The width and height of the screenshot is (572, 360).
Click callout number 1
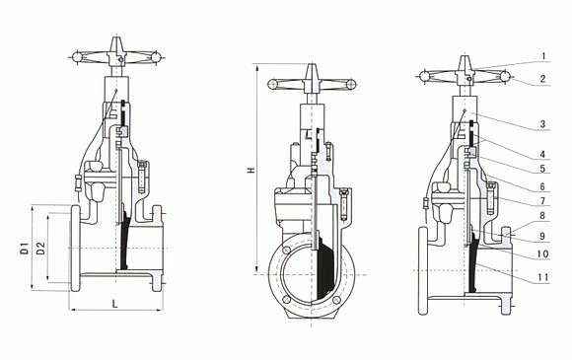click(x=543, y=56)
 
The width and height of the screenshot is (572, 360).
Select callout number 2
click(x=542, y=79)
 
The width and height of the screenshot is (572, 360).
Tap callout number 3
click(x=542, y=124)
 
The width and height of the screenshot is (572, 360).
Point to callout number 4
click(x=542, y=155)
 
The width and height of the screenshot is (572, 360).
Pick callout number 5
click(x=542, y=169)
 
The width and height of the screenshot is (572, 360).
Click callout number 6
click(x=542, y=186)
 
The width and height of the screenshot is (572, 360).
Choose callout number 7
click(x=542, y=201)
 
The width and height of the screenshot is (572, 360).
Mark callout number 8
click(x=542, y=215)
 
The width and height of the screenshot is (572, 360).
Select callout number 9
click(x=542, y=237)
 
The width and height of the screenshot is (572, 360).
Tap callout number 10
click(x=543, y=253)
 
